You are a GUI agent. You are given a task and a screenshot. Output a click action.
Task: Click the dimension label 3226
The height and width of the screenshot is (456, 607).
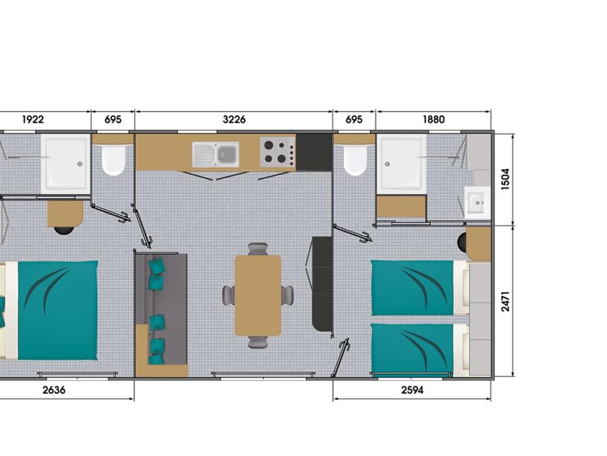tap(234, 120)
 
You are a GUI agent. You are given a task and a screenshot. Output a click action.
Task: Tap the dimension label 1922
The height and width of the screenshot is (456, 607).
tap(33, 120)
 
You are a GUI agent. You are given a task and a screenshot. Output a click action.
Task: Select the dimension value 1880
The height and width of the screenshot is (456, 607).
tap(434, 120)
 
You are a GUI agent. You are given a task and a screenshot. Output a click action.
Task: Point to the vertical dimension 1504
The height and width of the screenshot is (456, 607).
tap(505, 179)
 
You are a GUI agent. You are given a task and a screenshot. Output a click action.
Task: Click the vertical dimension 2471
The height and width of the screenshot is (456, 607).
tap(505, 301)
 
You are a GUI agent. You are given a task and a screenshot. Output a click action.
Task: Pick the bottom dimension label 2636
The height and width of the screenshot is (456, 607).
tap(54, 390)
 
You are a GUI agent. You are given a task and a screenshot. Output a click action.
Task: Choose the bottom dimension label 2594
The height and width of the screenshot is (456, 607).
tap(412, 390)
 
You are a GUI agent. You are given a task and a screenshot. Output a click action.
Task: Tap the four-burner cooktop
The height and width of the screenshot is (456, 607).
tap(278, 151)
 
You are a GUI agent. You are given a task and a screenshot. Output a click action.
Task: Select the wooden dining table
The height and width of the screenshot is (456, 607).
tap(258, 295)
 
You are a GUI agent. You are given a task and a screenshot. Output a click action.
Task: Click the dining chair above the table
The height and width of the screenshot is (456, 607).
tap(258, 249)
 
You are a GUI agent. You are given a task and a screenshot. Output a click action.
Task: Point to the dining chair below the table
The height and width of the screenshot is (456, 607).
tap(258, 342)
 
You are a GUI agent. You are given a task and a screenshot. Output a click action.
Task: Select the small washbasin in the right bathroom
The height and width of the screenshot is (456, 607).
tap(478, 201)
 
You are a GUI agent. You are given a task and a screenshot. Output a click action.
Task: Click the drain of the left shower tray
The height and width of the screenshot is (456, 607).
tap(80, 164)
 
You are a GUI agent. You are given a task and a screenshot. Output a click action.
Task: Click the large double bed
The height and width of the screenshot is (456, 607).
tap(51, 310)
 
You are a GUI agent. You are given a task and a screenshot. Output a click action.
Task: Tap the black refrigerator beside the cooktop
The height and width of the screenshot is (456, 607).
tap(314, 153)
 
